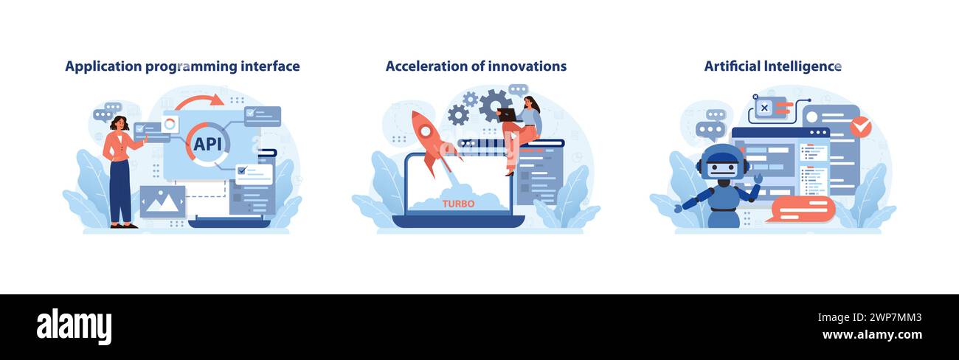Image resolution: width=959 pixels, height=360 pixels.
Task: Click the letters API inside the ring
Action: click(x=207, y=144)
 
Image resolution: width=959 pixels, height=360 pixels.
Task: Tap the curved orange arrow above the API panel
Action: click(x=198, y=100)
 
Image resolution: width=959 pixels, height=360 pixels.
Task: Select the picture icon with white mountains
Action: click(x=162, y=201)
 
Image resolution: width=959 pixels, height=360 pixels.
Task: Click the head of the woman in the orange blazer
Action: click(x=119, y=123)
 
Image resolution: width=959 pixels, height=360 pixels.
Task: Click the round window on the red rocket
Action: click(x=426, y=131)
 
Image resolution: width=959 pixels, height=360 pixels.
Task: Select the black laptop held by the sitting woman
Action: click(x=508, y=114)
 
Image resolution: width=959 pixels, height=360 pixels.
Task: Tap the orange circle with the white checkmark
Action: click(x=860, y=127)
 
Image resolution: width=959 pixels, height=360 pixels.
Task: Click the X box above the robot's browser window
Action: click(x=764, y=108)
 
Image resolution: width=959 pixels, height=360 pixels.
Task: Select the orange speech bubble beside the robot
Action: click(x=802, y=209)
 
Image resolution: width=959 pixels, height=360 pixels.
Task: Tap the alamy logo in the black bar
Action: click(x=74, y=327)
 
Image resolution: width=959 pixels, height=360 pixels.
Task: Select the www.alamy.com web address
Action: click(x=872, y=335)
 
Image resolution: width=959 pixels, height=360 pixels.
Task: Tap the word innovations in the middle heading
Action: click(x=526, y=66)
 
